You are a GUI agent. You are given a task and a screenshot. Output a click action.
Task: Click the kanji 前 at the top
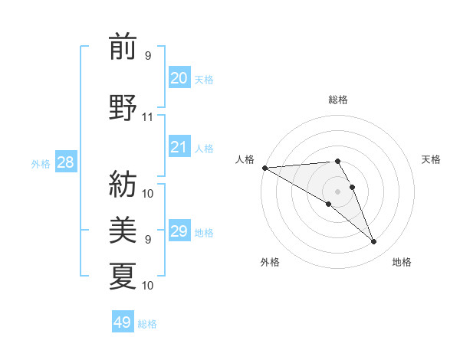(123, 47)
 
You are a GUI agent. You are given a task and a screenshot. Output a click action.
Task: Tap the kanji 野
(123, 107)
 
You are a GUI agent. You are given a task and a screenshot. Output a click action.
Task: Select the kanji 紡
(123, 182)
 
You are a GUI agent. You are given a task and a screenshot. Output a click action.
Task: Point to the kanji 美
(123, 228)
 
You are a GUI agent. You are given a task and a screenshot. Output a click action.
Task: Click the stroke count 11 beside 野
(148, 117)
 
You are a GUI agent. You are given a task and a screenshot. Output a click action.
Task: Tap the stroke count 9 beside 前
(148, 56)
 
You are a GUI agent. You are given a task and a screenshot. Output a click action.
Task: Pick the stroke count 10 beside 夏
(148, 286)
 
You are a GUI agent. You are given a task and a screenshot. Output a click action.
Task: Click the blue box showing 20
(179, 78)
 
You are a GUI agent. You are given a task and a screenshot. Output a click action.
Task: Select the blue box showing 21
(179, 147)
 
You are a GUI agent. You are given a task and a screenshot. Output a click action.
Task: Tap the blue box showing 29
(179, 231)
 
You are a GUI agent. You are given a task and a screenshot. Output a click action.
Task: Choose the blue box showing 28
(65, 163)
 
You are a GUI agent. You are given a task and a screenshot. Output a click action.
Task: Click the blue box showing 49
(123, 322)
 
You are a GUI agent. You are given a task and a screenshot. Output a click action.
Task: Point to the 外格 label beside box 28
(41, 164)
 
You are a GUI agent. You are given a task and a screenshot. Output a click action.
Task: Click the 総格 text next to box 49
(147, 324)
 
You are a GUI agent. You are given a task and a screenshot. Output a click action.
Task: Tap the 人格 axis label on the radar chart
(245, 159)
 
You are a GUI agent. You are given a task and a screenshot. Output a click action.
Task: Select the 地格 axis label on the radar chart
(402, 262)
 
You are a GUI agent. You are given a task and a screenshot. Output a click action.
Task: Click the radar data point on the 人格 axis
(264, 168)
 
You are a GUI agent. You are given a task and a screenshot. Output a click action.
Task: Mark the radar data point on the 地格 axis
(374, 242)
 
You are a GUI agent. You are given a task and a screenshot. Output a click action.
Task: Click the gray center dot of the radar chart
(337, 191)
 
